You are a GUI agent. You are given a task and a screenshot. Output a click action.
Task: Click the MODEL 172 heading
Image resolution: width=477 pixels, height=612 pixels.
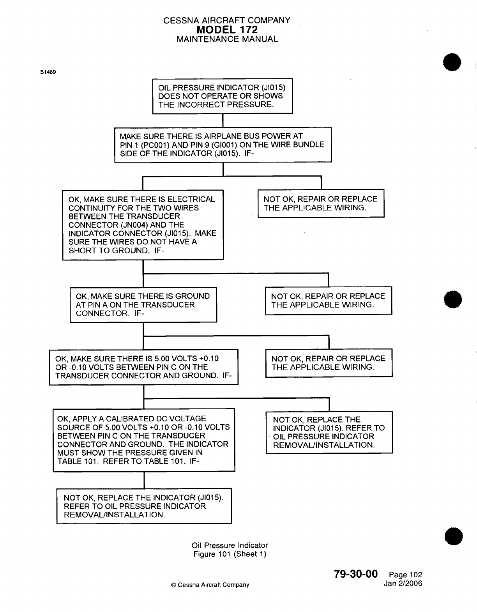[x=227, y=30]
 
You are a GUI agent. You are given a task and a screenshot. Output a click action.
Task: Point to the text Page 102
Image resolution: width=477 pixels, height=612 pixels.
[x=405, y=575]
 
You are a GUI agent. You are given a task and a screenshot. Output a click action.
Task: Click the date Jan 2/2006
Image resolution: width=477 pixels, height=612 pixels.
[x=403, y=584]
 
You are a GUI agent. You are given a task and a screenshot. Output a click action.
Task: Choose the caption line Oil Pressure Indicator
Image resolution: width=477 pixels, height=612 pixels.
[x=230, y=545]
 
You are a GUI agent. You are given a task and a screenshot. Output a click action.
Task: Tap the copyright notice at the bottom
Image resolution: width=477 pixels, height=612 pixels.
[x=210, y=585]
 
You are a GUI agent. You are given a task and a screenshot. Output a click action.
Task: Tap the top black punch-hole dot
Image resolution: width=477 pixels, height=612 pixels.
[x=452, y=62]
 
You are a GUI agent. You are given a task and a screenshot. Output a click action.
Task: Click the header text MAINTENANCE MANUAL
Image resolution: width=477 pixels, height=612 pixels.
[x=227, y=39]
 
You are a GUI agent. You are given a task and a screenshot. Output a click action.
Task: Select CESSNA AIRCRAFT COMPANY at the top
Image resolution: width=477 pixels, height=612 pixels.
[x=227, y=20]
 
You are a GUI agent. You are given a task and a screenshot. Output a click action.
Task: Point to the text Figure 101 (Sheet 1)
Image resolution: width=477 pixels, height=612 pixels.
[x=230, y=554]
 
